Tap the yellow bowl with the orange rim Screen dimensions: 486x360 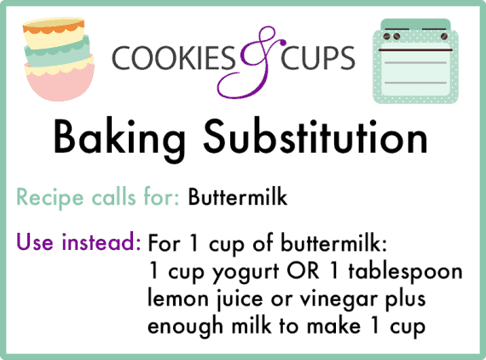pyautogui.click(x=54, y=33)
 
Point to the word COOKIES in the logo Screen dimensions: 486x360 pyautogui.click(x=174, y=58)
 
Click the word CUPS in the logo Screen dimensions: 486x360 pyautogui.click(x=318, y=58)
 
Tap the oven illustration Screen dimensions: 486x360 pyautogui.click(x=415, y=61)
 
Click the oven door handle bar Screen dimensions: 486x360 pyautogui.click(x=415, y=49)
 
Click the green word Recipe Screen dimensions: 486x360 pyautogui.click(x=49, y=199)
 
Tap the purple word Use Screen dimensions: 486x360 pyautogui.click(x=35, y=241)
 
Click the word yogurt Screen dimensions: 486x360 pyautogui.click(x=246, y=272)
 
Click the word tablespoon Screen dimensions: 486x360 pyautogui.click(x=405, y=272)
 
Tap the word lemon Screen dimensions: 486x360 pyautogui.click(x=178, y=298)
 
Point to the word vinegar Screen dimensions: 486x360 pyautogui.click(x=338, y=299)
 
